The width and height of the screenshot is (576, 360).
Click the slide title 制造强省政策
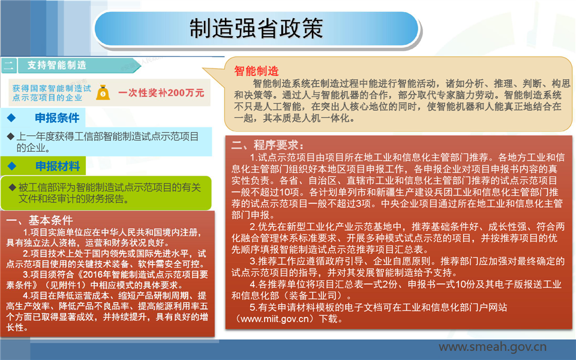click(256, 28)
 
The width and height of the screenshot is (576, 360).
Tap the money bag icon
click(103, 92)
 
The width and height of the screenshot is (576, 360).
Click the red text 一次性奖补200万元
click(161, 92)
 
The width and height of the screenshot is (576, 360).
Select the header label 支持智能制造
click(57, 65)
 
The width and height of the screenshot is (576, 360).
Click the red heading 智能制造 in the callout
click(256, 71)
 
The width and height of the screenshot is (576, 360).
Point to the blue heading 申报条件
click(57, 118)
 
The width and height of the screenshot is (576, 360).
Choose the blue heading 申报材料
click(58, 166)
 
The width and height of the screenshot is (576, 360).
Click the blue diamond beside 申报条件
click(11, 118)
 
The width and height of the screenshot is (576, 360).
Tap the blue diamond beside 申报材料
click(12, 166)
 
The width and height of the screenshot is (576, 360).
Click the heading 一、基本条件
click(40, 220)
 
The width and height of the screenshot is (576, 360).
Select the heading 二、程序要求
click(268, 145)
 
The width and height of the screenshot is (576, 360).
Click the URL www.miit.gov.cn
click(274, 319)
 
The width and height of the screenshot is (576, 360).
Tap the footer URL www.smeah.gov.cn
click(492, 347)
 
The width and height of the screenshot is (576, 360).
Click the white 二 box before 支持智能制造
click(8, 66)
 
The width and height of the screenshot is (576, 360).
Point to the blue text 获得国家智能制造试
click(52, 88)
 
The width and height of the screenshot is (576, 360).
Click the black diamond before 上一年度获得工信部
click(11, 137)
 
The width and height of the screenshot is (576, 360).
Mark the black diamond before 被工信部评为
click(12, 187)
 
